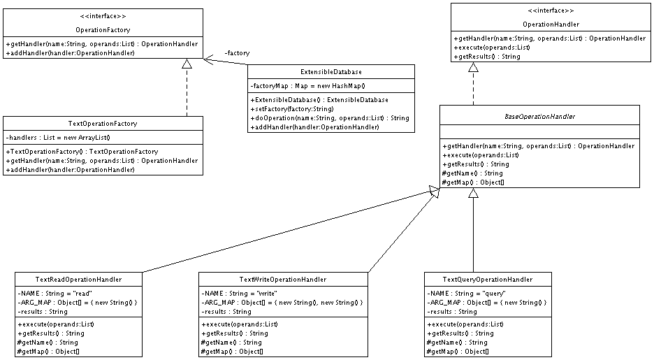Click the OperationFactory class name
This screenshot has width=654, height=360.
point(103,30)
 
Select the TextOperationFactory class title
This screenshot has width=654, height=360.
point(103,124)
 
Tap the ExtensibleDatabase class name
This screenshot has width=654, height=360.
point(331,72)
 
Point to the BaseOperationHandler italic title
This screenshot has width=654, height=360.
point(539,117)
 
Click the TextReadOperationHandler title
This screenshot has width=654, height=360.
point(78,280)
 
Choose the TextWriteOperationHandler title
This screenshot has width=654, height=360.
point(283,280)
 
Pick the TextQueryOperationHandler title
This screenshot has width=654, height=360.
point(488,280)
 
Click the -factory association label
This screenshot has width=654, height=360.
point(237,53)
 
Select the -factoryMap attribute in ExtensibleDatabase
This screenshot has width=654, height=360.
point(308,86)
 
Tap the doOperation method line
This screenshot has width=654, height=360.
point(330,118)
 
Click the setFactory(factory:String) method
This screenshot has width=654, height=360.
point(292,109)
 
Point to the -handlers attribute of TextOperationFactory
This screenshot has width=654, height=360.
point(58,138)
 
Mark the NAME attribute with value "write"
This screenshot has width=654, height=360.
point(239,294)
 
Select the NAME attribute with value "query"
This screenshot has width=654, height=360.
point(466,294)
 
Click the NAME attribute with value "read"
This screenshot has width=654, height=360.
point(54,294)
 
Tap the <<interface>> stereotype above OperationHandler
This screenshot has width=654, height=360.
point(551,11)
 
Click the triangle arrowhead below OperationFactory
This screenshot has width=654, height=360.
point(187,64)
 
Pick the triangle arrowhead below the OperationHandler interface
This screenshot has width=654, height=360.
point(473,66)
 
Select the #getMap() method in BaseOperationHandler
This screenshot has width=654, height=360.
point(473,182)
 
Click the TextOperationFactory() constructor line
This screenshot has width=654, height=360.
point(82,152)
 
